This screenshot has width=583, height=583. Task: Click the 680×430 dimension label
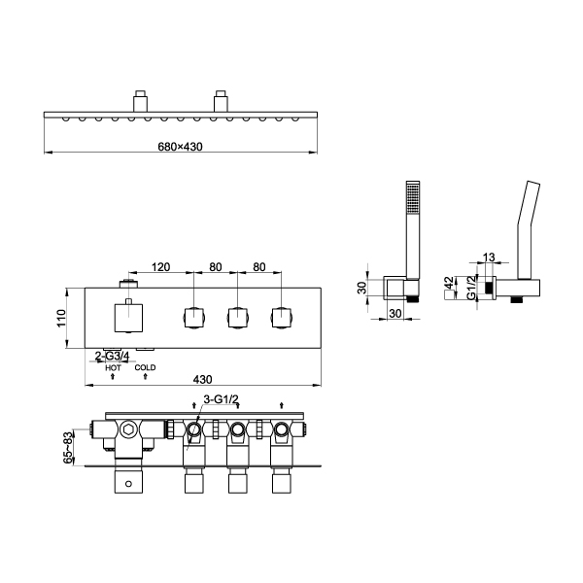[181, 147]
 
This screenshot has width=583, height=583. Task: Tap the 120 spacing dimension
[160, 267]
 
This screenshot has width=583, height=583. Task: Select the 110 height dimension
[61, 318]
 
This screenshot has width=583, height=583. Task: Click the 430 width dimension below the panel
[203, 379]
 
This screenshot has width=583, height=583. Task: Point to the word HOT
[113, 367]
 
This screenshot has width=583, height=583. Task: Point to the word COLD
[145, 367]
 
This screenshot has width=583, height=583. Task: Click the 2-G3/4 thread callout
[113, 357]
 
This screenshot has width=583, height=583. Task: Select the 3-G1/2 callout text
[221, 399]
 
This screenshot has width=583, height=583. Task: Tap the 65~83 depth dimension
[68, 448]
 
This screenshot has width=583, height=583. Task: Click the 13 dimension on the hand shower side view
[489, 257]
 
